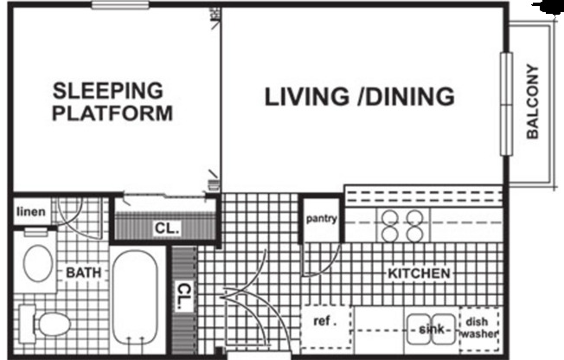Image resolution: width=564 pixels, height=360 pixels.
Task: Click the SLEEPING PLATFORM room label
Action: click(x=112, y=101)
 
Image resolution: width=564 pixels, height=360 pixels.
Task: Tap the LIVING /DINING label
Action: click(x=359, y=96)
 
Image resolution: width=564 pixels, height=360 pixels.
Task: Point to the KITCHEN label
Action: click(x=419, y=273)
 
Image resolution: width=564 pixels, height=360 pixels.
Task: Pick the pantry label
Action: click(x=321, y=219)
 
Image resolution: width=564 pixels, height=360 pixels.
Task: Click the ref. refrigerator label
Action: click(x=324, y=320)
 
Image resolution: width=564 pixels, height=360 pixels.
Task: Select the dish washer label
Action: click(x=477, y=325)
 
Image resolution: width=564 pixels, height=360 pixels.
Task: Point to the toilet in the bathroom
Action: click(x=50, y=325)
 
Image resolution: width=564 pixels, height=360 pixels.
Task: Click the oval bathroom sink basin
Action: click(x=37, y=262)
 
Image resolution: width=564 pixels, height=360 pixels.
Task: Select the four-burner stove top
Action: click(x=402, y=225)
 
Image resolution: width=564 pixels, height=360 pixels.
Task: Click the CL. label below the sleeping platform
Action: click(x=166, y=229)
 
